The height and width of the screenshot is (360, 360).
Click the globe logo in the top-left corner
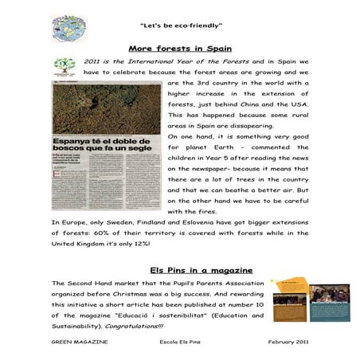[x=69, y=28]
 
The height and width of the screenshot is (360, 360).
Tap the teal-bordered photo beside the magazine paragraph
[x=328, y=303]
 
